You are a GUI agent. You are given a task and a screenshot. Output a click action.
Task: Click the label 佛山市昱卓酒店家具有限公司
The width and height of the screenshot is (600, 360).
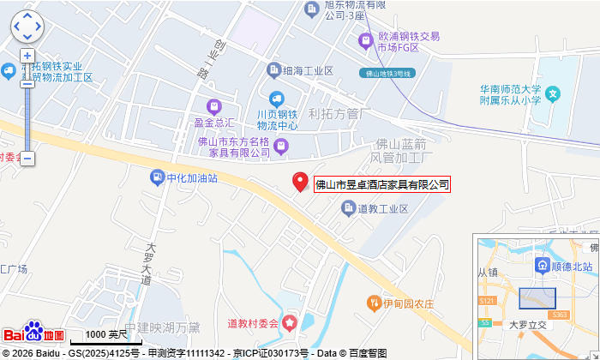(x=382, y=184)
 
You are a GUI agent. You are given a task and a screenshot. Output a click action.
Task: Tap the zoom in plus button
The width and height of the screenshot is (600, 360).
(x=27, y=56)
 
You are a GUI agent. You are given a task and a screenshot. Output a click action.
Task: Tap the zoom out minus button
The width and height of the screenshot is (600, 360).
(x=27, y=159)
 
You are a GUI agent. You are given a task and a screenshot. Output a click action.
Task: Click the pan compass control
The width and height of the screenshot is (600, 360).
(x=27, y=26)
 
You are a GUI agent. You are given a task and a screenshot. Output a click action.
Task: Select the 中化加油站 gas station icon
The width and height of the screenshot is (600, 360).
(x=157, y=177)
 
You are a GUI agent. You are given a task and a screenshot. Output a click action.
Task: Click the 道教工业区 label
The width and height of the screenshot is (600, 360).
(x=383, y=208)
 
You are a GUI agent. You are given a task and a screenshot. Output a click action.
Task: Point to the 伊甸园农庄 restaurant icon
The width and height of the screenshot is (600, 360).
(x=374, y=303)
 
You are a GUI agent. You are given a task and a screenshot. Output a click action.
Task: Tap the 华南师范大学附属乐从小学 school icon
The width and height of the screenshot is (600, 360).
(x=554, y=93)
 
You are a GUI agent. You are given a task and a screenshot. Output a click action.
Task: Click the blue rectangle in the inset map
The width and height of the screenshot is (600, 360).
(x=537, y=297)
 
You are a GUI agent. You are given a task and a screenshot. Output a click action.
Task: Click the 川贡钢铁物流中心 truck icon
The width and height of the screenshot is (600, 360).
(x=276, y=99)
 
